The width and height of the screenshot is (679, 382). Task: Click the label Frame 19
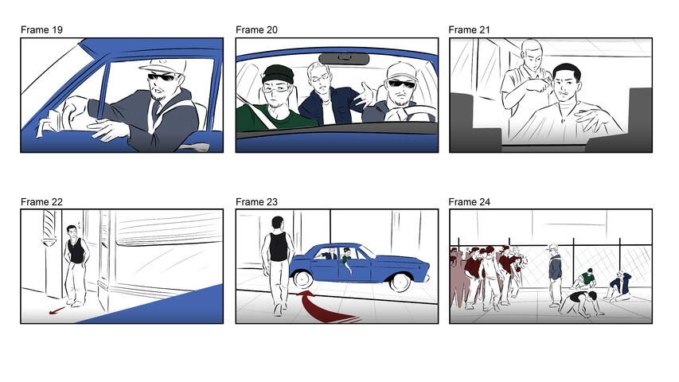(41, 30)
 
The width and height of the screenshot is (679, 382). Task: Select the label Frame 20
(256, 30)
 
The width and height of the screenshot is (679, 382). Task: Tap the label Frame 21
(469, 30)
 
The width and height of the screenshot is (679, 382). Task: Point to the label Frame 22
(41, 201)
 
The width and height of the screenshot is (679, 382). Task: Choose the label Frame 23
(256, 201)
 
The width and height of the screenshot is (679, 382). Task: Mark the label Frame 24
(469, 201)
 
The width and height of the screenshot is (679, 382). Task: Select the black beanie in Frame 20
(278, 74)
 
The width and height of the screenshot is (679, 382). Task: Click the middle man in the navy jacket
(322, 99)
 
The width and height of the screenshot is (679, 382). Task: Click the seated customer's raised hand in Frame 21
(588, 120)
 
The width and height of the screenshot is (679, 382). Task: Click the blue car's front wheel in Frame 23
(302, 279)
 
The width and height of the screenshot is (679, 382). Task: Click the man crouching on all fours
(579, 304)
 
